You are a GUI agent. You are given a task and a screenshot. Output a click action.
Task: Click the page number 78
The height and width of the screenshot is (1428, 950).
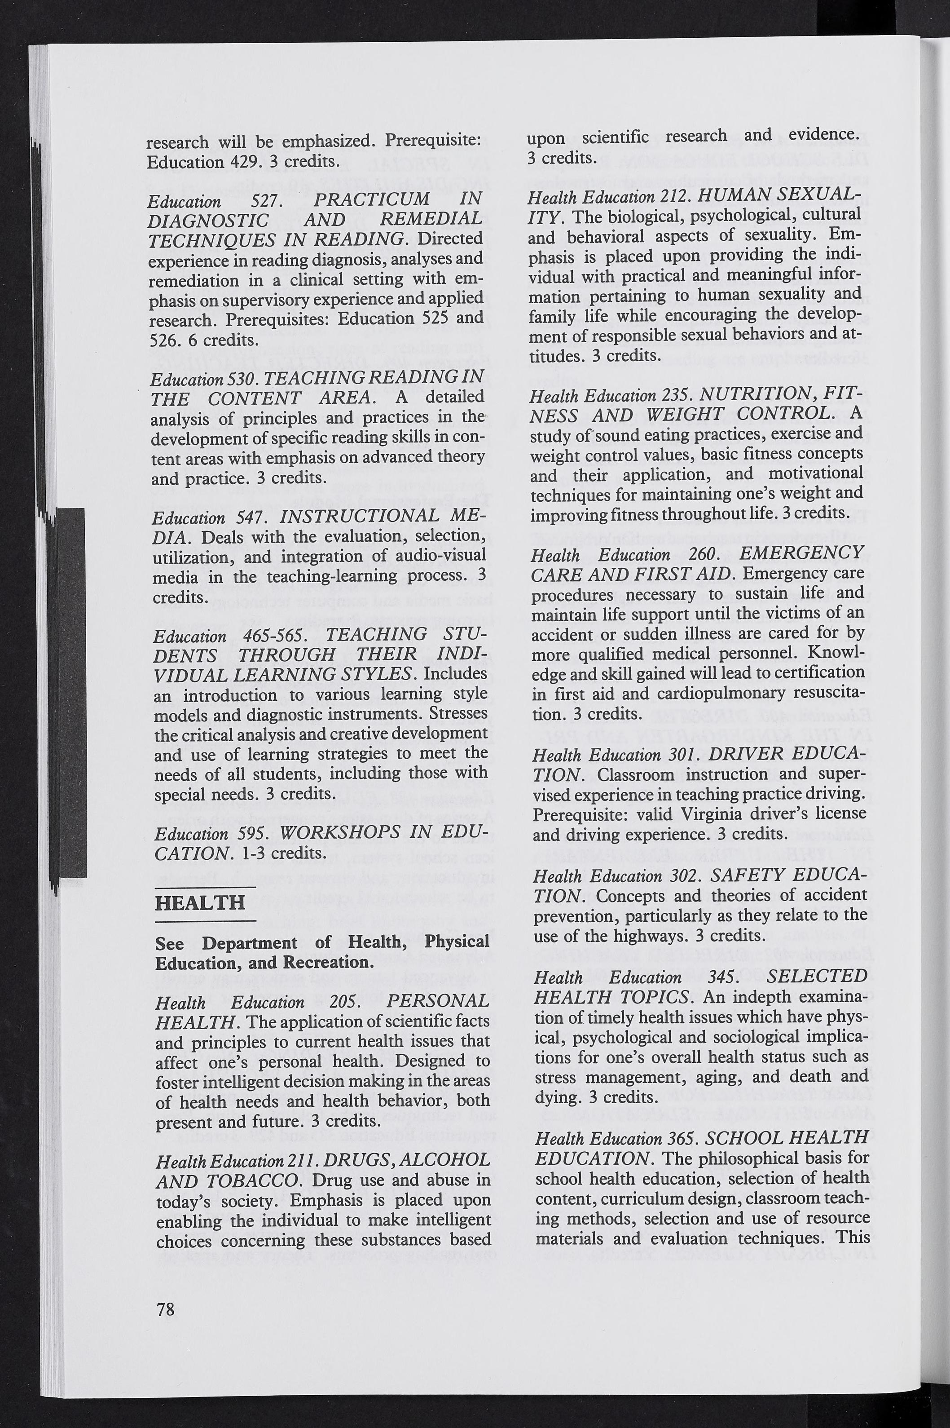pyautogui.click(x=165, y=1309)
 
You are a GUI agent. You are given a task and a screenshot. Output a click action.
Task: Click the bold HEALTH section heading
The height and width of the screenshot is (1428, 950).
pyautogui.click(x=201, y=903)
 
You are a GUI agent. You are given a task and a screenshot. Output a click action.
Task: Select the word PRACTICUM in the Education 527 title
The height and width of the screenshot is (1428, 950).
pyautogui.click(x=373, y=199)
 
